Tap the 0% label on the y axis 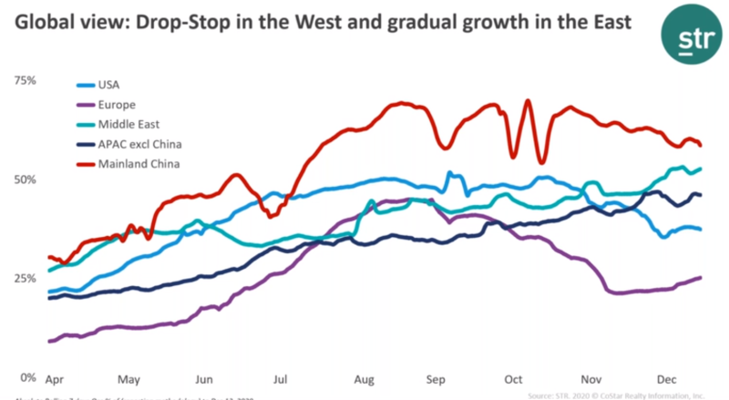click(x=27, y=376)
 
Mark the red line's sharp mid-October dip click(x=542, y=161)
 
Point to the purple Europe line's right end click(x=700, y=277)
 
